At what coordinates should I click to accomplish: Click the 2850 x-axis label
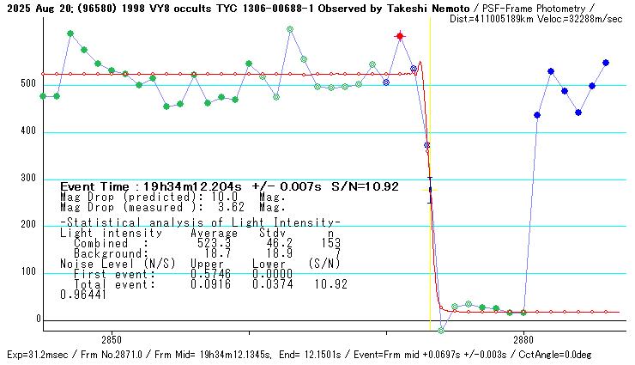[x=112, y=340]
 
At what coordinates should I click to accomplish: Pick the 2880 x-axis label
[x=524, y=340]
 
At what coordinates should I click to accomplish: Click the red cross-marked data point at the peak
[x=400, y=36]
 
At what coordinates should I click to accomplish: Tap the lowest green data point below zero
[x=441, y=331]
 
